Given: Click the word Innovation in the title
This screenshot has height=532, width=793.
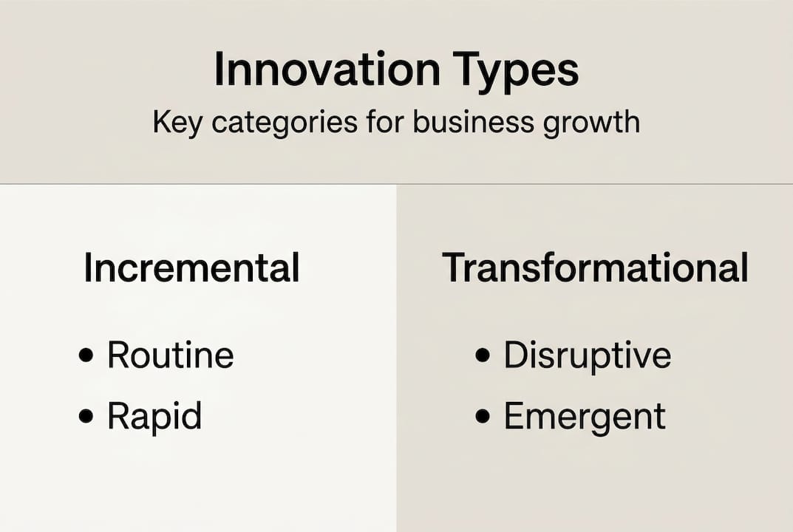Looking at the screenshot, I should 327,70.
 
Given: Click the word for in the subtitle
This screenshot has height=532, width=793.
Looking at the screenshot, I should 383,122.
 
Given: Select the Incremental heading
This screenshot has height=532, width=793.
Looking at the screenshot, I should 191,267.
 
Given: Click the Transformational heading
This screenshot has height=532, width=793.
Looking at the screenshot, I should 595,267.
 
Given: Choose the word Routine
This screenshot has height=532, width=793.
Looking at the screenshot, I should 170,355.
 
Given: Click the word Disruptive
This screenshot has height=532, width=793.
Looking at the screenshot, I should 587,355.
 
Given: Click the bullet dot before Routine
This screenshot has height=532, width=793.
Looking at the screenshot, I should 86,356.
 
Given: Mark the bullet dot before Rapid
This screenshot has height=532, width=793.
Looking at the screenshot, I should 86,417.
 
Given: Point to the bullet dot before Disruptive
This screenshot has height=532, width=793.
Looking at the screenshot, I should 483,356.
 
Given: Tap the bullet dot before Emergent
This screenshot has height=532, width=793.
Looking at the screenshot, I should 483,417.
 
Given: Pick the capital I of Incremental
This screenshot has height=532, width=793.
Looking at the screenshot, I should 88,267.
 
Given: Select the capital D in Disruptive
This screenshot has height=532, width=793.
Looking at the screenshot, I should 515,355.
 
